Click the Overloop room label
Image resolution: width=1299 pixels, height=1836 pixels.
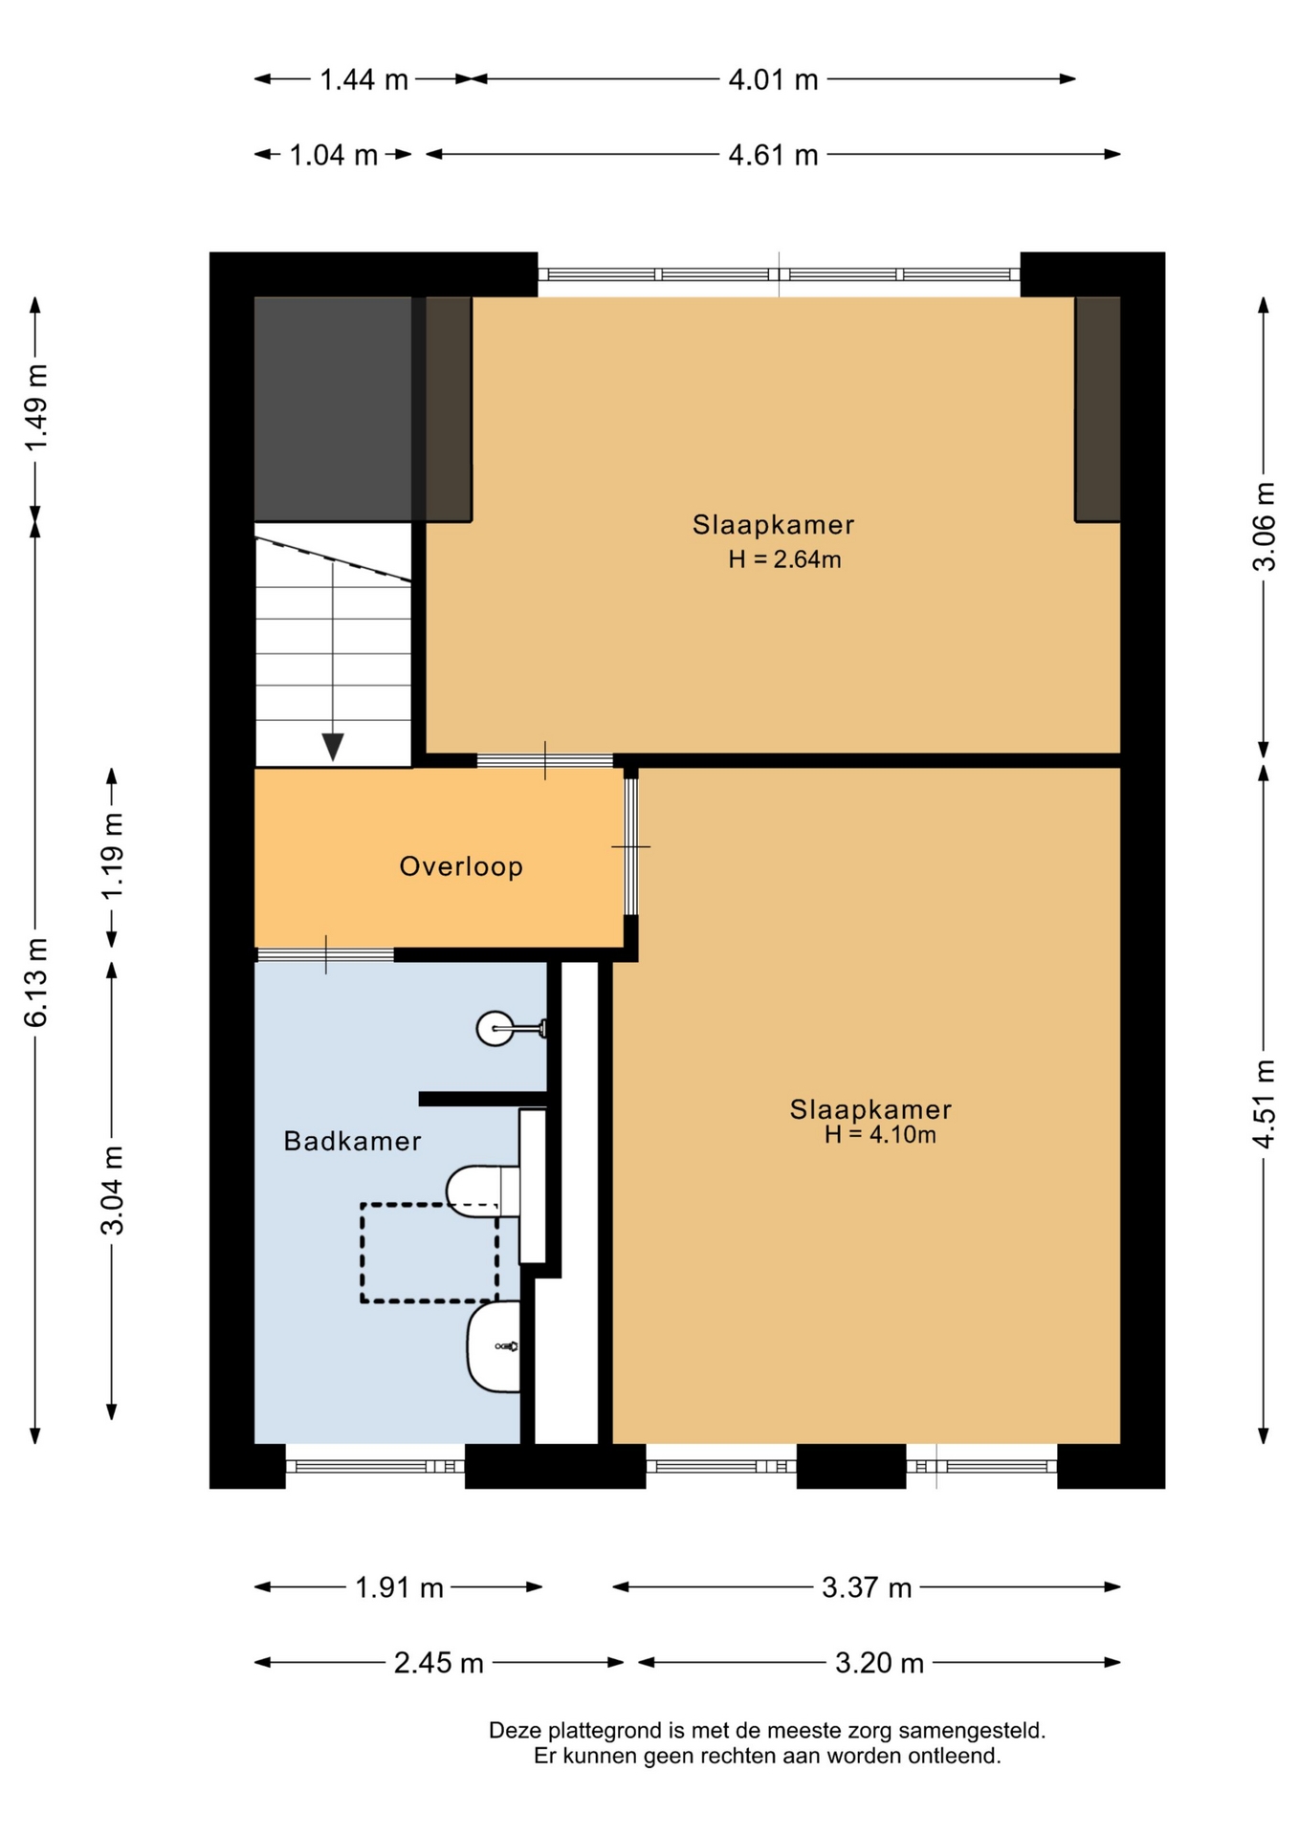(461, 866)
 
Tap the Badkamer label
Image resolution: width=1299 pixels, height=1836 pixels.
(352, 1141)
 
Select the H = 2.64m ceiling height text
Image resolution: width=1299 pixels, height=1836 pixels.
(784, 559)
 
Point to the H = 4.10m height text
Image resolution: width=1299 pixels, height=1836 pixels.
(880, 1135)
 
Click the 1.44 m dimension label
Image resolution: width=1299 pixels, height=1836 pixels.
(363, 79)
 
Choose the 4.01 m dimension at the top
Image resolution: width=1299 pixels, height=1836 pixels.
(773, 79)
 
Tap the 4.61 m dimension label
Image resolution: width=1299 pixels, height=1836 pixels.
(773, 155)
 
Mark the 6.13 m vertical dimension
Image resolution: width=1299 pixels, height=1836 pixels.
(35, 983)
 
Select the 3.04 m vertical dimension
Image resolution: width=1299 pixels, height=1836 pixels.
(112, 1191)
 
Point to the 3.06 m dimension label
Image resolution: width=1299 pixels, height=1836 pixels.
(1264, 527)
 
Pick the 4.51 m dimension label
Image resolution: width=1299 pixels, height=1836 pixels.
(1264, 1104)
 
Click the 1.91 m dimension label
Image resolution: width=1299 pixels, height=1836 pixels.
(399, 1588)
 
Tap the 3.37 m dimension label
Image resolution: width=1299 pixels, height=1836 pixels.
(867, 1588)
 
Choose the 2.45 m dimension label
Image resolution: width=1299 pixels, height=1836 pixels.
(439, 1664)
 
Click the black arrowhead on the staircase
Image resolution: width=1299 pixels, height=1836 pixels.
(333, 747)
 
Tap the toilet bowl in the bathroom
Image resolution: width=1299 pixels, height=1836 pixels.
(482, 1191)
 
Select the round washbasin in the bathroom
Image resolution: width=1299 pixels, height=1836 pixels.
(495, 1028)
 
